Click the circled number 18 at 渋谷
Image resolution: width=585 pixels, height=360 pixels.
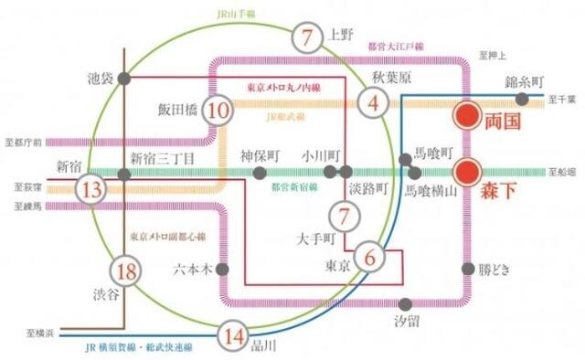127,270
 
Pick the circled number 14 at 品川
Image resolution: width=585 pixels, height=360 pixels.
236,336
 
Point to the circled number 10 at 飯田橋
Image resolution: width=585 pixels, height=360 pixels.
218,111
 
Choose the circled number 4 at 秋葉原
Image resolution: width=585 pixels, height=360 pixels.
373,102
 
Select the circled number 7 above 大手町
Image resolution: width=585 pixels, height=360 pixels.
344,217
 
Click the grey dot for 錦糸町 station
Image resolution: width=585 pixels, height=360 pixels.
521,99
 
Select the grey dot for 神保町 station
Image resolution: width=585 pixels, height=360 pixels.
258,171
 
